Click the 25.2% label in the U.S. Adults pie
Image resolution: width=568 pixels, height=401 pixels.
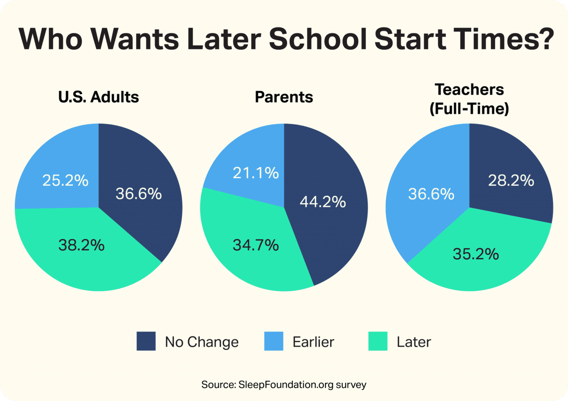[x=65, y=180]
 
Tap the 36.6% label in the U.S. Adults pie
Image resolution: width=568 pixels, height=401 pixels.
[x=139, y=193]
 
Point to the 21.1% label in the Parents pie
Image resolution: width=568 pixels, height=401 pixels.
[x=256, y=173]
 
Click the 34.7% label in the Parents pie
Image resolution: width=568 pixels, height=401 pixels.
[x=255, y=245]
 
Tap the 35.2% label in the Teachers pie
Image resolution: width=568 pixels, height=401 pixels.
[x=476, y=254]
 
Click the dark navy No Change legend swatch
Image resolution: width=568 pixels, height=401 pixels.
[x=146, y=342]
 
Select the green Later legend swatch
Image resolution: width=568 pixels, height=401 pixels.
[x=378, y=342]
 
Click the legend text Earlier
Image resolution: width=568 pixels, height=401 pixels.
[x=313, y=342]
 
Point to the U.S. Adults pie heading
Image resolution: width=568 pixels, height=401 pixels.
[x=98, y=97]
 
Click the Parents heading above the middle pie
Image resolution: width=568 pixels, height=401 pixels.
[x=284, y=97]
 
